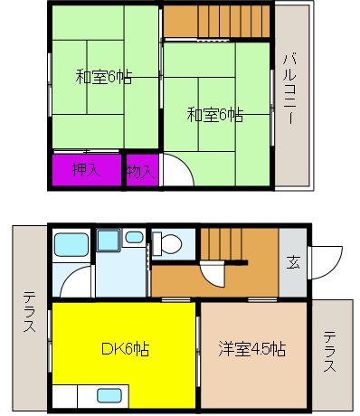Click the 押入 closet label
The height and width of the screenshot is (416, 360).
[86, 170]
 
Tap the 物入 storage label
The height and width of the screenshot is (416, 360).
[140, 172]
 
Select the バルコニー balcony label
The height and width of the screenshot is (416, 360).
[289, 89]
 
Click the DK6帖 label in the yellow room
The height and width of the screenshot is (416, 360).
[126, 349]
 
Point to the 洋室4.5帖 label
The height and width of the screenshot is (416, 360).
[252, 349]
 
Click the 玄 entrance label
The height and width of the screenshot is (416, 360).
[293, 262]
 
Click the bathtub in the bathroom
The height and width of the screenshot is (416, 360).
[71, 245]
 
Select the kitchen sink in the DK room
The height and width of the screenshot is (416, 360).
[109, 395]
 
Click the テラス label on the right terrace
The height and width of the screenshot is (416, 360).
[330, 352]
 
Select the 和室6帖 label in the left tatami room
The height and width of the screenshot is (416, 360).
[104, 77]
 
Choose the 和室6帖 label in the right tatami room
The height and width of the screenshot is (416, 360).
[215, 115]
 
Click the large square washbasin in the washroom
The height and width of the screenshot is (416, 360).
[108, 240]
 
